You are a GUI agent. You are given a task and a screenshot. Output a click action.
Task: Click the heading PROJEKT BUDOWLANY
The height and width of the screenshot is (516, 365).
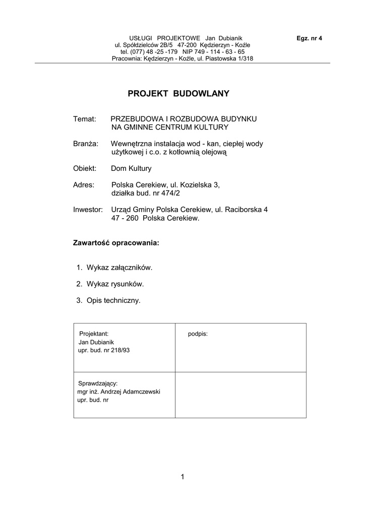click(178, 93)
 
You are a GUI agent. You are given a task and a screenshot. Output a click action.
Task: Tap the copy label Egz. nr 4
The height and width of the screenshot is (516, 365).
click(310, 38)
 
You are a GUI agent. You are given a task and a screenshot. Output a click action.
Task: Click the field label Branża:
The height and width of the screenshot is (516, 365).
click(86, 144)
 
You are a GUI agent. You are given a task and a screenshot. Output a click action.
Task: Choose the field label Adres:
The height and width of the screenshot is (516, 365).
click(84, 185)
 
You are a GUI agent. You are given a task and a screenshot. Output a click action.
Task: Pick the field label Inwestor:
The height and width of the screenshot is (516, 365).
click(88, 210)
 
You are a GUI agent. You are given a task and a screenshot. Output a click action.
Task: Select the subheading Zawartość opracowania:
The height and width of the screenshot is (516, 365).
click(116, 243)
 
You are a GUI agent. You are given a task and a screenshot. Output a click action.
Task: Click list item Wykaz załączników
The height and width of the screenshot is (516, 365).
click(119, 267)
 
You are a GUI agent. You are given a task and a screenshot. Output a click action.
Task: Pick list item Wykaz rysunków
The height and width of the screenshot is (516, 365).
click(115, 284)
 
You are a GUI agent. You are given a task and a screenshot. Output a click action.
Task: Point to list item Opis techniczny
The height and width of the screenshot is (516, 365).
click(113, 301)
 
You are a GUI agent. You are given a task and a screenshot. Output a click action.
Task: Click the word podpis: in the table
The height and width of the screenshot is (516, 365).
click(198, 334)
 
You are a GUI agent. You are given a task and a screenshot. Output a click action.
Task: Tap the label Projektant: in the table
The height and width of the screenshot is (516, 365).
click(94, 334)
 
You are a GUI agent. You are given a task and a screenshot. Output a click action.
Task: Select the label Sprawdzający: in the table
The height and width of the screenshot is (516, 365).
click(98, 383)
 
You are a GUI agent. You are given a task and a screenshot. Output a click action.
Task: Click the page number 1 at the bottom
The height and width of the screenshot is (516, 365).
click(182, 477)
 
